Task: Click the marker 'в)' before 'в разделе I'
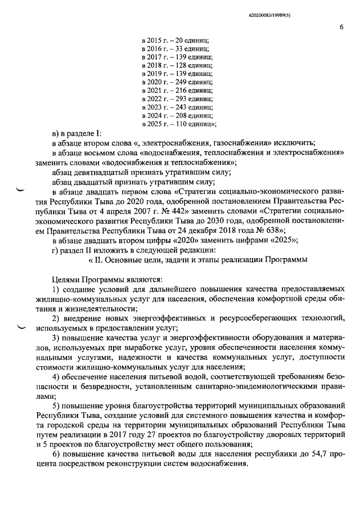(55, 133)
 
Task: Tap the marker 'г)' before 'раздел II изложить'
(54, 250)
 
